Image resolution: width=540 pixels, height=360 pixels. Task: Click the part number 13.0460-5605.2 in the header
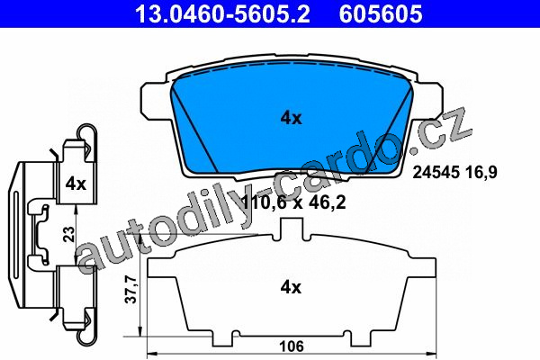pos(222,13)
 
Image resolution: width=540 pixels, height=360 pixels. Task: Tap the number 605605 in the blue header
pos(381,13)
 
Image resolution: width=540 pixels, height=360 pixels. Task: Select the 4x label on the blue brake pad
pos(291,119)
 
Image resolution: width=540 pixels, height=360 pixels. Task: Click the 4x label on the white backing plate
pos(291,287)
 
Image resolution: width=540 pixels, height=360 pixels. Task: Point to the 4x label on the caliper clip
pos(76,184)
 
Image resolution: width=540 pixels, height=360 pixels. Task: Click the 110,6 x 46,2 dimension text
pos(293,202)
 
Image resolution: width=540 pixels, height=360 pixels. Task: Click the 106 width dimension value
pos(292,346)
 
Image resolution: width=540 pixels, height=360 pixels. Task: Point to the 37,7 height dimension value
pos(130,290)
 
